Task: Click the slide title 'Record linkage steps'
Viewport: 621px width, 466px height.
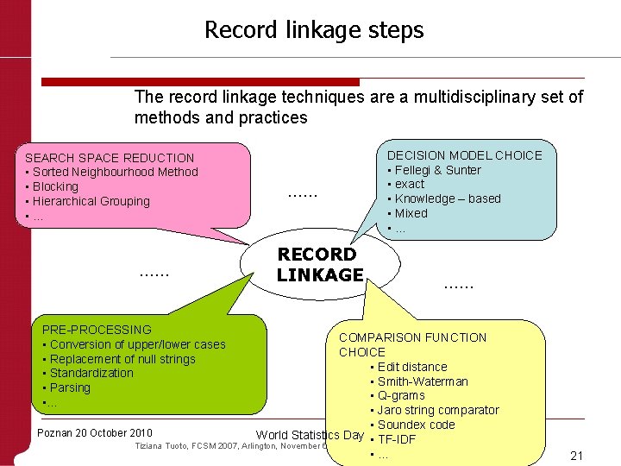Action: [314, 30]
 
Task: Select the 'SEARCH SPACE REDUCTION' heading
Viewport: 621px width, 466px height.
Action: [110, 158]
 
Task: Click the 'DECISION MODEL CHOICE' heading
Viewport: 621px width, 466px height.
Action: [464, 155]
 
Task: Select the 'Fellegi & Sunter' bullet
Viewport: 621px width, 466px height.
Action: [438, 170]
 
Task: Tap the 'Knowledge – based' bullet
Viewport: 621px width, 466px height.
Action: [448, 198]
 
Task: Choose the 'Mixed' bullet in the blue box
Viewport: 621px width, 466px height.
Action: [411, 213]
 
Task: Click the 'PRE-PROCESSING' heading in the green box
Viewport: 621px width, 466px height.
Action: [97, 330]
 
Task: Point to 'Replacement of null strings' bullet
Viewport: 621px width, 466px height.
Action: [122, 359]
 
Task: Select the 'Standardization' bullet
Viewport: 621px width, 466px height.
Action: [91, 373]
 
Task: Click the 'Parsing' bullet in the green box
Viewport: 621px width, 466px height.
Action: [70, 387]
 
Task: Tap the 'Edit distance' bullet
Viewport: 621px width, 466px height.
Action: [412, 367]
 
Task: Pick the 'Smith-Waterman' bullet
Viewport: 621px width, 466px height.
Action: [423, 381]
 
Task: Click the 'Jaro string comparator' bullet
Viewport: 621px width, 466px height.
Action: [438, 410]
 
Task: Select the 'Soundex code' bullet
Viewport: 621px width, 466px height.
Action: [416, 425]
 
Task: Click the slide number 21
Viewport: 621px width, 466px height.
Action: [578, 455]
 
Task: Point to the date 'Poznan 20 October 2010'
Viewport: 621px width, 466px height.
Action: [97, 432]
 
